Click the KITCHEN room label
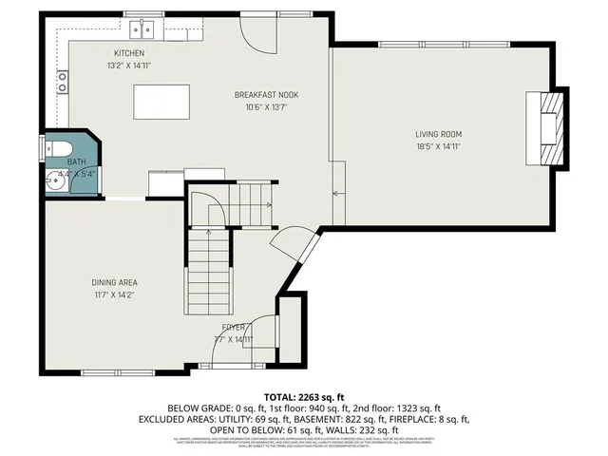pos(129,53)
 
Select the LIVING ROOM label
pos(438,134)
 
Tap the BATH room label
pos(76,162)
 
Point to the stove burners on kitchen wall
pos(63,82)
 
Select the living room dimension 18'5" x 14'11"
pos(438,147)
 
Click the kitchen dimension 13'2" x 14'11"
pos(129,66)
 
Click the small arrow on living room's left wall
pos(336,195)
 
